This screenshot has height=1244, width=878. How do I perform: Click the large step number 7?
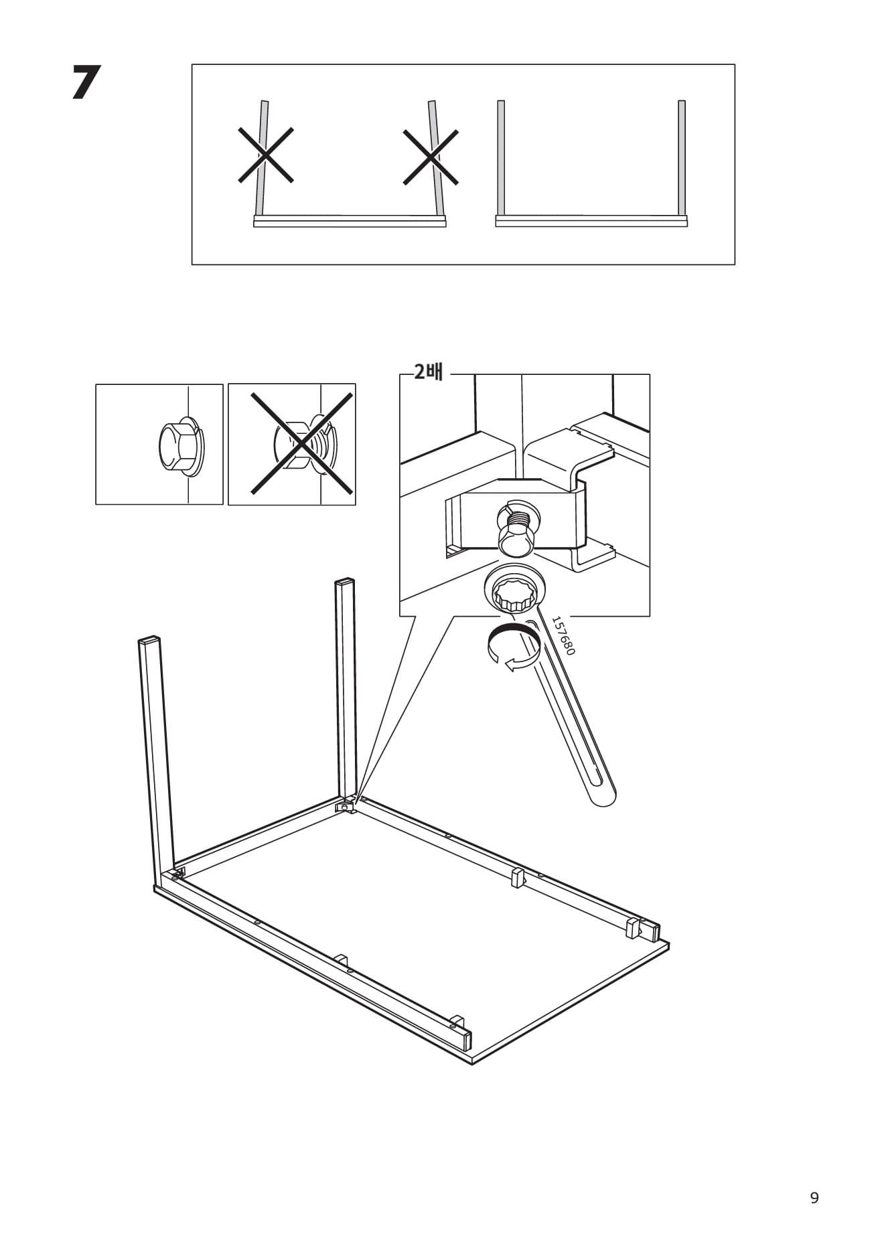point(86,83)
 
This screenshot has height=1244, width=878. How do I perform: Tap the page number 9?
point(814,1198)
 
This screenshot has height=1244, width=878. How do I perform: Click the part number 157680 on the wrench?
point(563,635)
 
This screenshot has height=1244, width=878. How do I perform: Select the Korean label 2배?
point(429,372)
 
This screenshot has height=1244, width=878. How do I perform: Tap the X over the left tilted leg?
point(266,155)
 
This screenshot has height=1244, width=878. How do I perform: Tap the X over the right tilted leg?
point(431,157)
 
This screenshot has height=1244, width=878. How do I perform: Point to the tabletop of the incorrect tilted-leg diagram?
point(350,222)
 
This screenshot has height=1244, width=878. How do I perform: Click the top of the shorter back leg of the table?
point(344,581)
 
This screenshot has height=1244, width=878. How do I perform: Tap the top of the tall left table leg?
point(149,639)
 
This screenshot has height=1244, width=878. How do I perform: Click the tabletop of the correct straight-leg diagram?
point(591,222)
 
